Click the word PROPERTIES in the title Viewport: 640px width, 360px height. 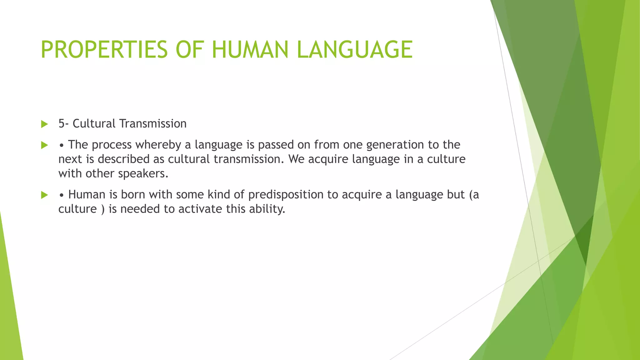(104, 50)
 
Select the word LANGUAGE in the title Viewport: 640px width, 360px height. (355, 50)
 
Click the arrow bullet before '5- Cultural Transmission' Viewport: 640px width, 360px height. (44, 124)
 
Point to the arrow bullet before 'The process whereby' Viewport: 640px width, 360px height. (44, 145)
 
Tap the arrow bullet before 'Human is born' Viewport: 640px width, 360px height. (44, 195)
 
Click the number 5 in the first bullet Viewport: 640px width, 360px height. (62, 124)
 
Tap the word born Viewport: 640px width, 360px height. (133, 195)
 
